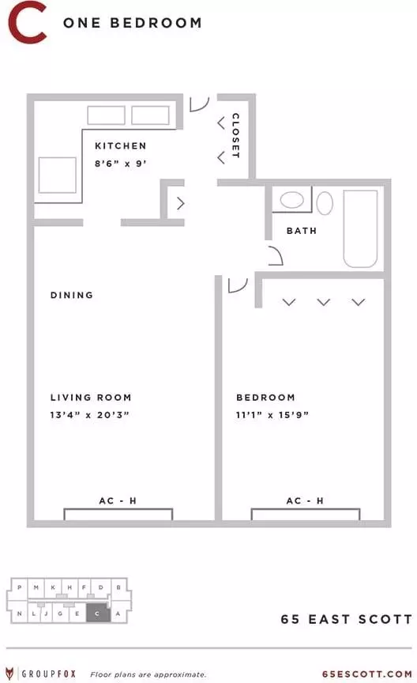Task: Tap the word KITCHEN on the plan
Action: click(x=121, y=146)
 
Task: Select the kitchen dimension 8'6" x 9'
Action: click(x=121, y=164)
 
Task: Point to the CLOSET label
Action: click(x=235, y=135)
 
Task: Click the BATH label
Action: click(x=302, y=231)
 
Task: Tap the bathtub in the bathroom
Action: click(x=360, y=228)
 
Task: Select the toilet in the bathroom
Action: click(x=325, y=203)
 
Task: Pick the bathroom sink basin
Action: click(x=291, y=200)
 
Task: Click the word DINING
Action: click(x=72, y=295)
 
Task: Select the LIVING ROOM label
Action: click(x=91, y=398)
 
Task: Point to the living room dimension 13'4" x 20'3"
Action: click(x=90, y=415)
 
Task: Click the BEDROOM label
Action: click(x=265, y=398)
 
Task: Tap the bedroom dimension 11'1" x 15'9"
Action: click(x=272, y=415)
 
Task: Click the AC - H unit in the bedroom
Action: click(x=306, y=514)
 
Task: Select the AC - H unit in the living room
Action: click(x=118, y=514)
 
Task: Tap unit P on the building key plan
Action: click(x=20, y=587)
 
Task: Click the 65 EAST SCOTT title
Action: click(x=347, y=619)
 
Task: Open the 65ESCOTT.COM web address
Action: click(x=367, y=674)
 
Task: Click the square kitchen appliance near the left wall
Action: click(x=58, y=175)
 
